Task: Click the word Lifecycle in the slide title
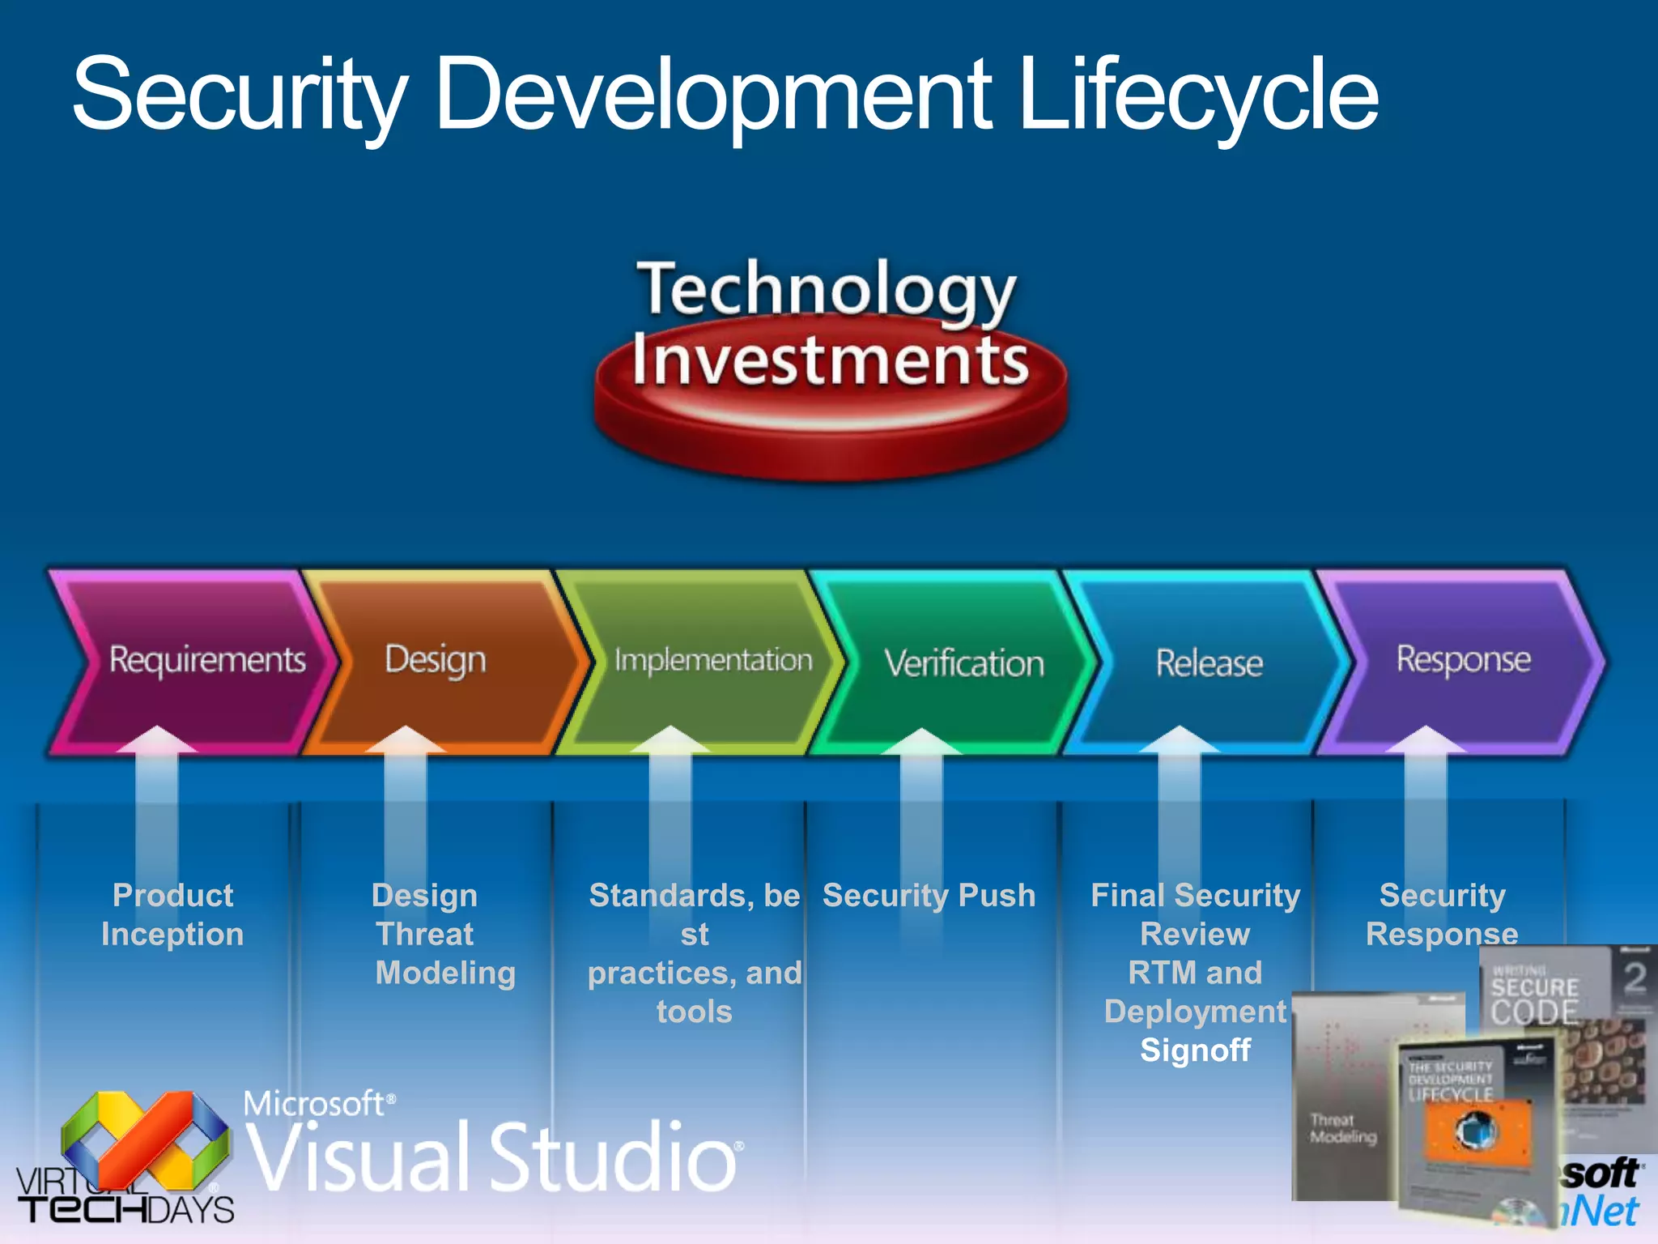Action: pyautogui.click(x=1198, y=96)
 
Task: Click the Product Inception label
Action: pyautogui.click(x=172, y=914)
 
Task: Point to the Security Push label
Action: pyautogui.click(x=929, y=896)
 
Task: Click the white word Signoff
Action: pyautogui.click(x=1196, y=1050)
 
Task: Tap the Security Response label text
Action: pyautogui.click(x=1442, y=914)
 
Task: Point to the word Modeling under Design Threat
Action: pyautogui.click(x=445, y=973)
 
